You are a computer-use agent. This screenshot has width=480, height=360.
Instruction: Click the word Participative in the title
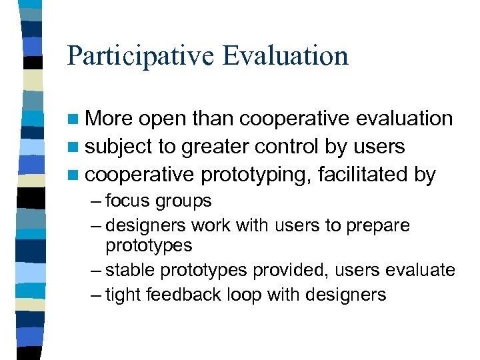pyautogui.click(x=141, y=55)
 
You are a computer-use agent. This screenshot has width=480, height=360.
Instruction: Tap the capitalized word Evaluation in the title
pyautogui.click(x=286, y=55)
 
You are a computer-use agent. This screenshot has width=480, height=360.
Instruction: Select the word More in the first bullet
pyautogui.click(x=111, y=119)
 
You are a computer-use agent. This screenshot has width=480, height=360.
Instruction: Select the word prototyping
pyautogui.click(x=256, y=176)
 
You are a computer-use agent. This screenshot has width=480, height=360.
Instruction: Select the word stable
pyautogui.click(x=128, y=270)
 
